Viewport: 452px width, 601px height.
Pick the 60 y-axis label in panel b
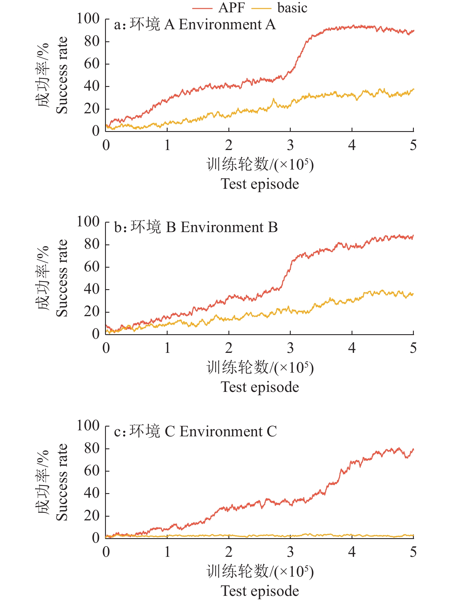(x=92, y=267)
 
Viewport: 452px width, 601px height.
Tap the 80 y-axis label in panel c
(x=92, y=448)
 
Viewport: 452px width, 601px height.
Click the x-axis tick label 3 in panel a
(x=290, y=145)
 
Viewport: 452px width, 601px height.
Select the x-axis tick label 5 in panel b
(x=413, y=348)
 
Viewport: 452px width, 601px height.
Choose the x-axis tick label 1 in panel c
(x=167, y=552)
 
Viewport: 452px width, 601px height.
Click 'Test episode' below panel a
(x=260, y=184)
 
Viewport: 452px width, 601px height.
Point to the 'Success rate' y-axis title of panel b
(x=62, y=278)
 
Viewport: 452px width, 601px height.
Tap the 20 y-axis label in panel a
(x=92, y=109)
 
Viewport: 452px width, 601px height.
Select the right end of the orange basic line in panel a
(x=413, y=89)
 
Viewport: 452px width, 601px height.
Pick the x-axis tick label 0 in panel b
(x=106, y=348)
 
